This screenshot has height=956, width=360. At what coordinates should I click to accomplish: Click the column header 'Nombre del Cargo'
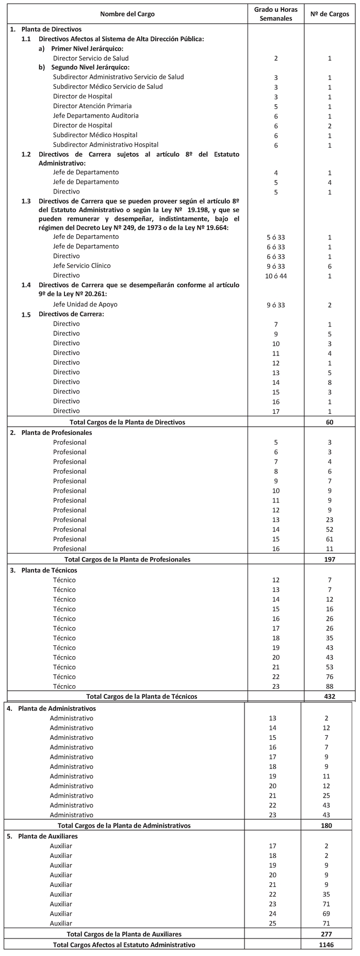point(127,14)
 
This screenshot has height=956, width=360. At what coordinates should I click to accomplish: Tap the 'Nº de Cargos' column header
point(330,14)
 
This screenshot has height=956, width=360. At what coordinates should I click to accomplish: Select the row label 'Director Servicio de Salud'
point(91,58)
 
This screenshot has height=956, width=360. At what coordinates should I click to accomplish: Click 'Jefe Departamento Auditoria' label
point(95,116)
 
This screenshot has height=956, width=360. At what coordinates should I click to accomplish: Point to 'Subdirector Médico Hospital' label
point(95,135)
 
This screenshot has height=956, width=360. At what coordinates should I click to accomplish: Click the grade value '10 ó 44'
point(276,276)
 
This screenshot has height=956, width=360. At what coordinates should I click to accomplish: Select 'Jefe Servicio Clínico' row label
point(81,266)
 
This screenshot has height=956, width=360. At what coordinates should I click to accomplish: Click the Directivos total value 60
point(330,422)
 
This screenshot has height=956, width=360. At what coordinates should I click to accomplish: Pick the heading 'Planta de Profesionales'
point(56,432)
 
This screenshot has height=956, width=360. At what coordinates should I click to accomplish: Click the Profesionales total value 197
point(330,559)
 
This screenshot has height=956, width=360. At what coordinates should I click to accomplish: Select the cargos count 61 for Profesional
point(330,539)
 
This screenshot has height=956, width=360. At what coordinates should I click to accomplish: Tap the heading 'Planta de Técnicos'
point(49,570)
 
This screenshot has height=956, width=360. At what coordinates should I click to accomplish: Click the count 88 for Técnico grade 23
point(330,687)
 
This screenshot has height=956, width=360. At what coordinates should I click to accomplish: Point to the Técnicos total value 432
point(330,696)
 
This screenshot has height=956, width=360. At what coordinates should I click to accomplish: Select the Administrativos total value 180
point(326,825)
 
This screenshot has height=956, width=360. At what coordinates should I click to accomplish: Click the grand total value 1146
point(326,945)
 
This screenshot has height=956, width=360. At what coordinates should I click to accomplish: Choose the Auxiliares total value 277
point(326,934)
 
